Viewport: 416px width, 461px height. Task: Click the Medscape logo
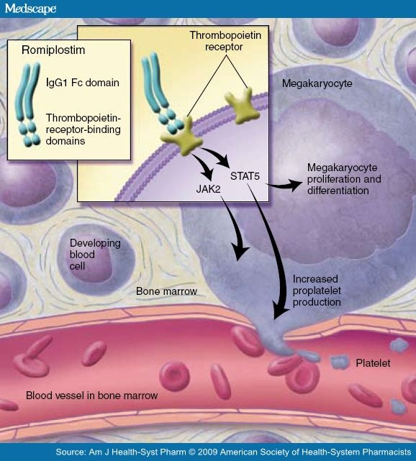pos(30,9)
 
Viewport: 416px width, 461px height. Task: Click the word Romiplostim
pos(53,50)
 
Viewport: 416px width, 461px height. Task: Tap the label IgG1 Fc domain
pos(83,83)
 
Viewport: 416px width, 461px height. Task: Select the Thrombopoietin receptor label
pos(225,41)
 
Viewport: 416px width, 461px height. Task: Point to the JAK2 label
pos(208,188)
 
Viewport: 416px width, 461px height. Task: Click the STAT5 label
pos(245,176)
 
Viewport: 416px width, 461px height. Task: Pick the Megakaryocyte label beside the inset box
pos(317,83)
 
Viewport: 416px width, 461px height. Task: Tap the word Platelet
pos(373,363)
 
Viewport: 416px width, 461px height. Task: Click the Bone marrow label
pos(166,291)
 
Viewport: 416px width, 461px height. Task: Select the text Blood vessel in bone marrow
pos(92,396)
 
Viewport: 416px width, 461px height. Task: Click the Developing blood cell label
pos(95,255)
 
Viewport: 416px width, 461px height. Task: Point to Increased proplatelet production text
pos(317,291)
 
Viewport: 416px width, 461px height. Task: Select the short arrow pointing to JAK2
pos(204,166)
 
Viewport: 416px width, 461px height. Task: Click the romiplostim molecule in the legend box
pos(27,105)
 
